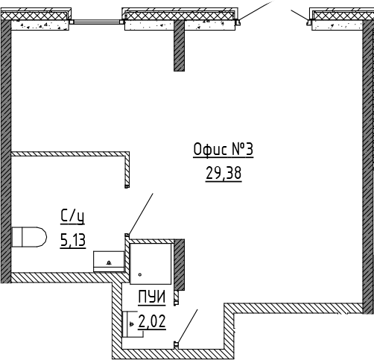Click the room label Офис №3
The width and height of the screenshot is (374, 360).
point(224,150)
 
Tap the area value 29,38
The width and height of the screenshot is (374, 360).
point(224,173)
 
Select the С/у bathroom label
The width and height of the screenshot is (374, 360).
point(72,216)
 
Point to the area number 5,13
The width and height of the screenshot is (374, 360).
point(73,240)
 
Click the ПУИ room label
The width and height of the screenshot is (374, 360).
point(152,297)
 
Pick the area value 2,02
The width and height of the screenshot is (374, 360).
point(152,321)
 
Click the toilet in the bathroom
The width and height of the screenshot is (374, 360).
point(29,237)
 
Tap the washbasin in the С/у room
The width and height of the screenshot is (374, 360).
point(109,262)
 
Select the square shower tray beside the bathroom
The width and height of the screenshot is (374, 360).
point(150,264)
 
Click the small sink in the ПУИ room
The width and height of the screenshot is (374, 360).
point(133,324)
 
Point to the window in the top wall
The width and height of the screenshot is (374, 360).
point(97,22)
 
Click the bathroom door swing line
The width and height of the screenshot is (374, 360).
point(140,214)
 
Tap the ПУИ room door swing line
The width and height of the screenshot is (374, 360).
point(188,326)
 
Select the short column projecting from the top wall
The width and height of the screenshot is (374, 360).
point(179,45)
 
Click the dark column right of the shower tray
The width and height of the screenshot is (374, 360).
point(179,265)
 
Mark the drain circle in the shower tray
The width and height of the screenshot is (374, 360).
point(140,274)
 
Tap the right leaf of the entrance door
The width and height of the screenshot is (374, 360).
point(299,15)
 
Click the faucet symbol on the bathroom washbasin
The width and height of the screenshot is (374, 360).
point(109,262)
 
